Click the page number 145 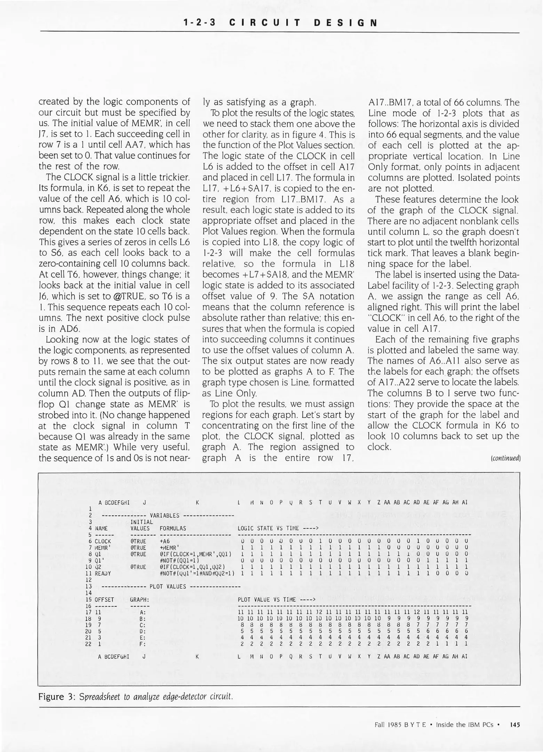click(x=514, y=725)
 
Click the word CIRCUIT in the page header click(x=265, y=23)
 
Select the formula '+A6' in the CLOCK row click(x=165, y=541)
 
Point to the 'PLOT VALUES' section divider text click(x=168, y=586)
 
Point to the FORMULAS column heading click(x=173, y=528)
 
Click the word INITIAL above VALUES click(x=141, y=522)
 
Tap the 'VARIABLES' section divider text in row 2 click(x=164, y=516)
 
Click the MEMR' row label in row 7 click(x=103, y=548)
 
